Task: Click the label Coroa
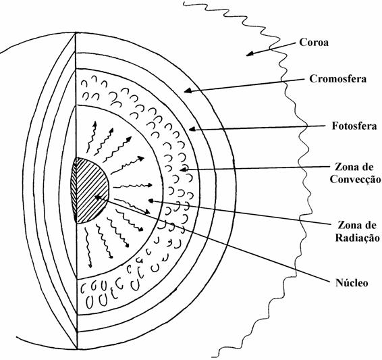pyautogui.click(x=314, y=43)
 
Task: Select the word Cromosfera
pyautogui.click(x=338, y=79)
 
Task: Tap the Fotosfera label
pyautogui.click(x=354, y=126)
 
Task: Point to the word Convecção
pyautogui.click(x=355, y=180)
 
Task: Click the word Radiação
pyautogui.click(x=357, y=237)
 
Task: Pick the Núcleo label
pyautogui.click(x=352, y=283)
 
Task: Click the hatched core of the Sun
pyautogui.click(x=90, y=190)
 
